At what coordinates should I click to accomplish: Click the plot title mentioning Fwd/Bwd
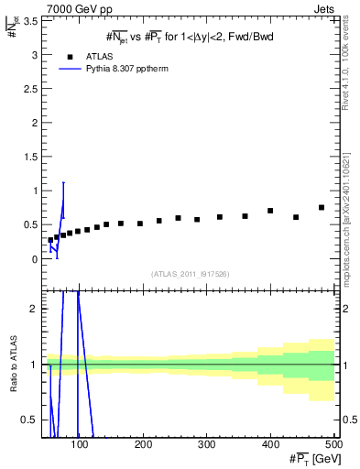[x=190, y=36]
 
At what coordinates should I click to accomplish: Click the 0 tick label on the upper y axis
[x=37, y=259]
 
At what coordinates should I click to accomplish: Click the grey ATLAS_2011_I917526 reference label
[x=189, y=274]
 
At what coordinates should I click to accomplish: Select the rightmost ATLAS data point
[x=322, y=208]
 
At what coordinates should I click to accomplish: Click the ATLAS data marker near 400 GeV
[x=270, y=211]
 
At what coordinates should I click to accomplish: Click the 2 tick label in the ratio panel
[x=37, y=309]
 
